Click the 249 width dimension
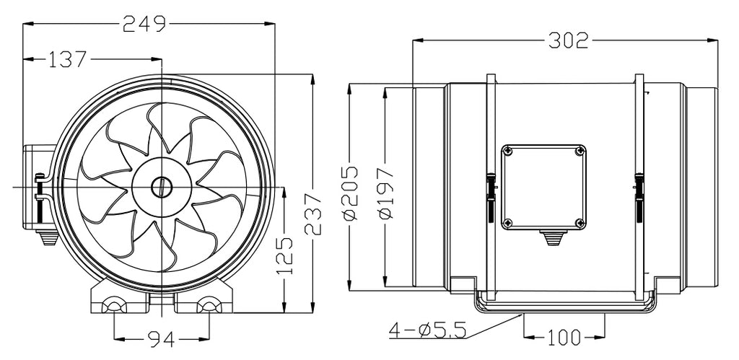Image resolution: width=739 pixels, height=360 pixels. pyautogui.click(x=144, y=24)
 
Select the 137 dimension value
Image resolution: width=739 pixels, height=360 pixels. pyautogui.click(x=68, y=59)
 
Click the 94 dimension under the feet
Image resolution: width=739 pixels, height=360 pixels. pyautogui.click(x=162, y=337)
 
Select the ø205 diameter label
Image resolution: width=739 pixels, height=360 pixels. pyautogui.click(x=349, y=193)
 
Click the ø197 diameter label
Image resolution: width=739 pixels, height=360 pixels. pyautogui.click(x=385, y=193)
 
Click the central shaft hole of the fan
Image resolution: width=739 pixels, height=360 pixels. pyautogui.click(x=159, y=186)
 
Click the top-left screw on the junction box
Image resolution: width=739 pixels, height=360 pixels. pyautogui.click(x=508, y=151)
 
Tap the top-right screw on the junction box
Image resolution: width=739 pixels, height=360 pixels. pyautogui.click(x=580, y=151)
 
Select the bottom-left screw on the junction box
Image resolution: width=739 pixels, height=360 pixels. pyautogui.click(x=508, y=222)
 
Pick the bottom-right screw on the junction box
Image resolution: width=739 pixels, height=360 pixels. pyautogui.click(x=580, y=222)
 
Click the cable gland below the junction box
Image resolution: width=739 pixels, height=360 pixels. pyautogui.click(x=552, y=237)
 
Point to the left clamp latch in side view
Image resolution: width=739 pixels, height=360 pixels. pyautogui.click(x=490, y=191)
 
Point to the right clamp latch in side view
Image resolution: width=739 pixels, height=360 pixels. pyautogui.click(x=640, y=191)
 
